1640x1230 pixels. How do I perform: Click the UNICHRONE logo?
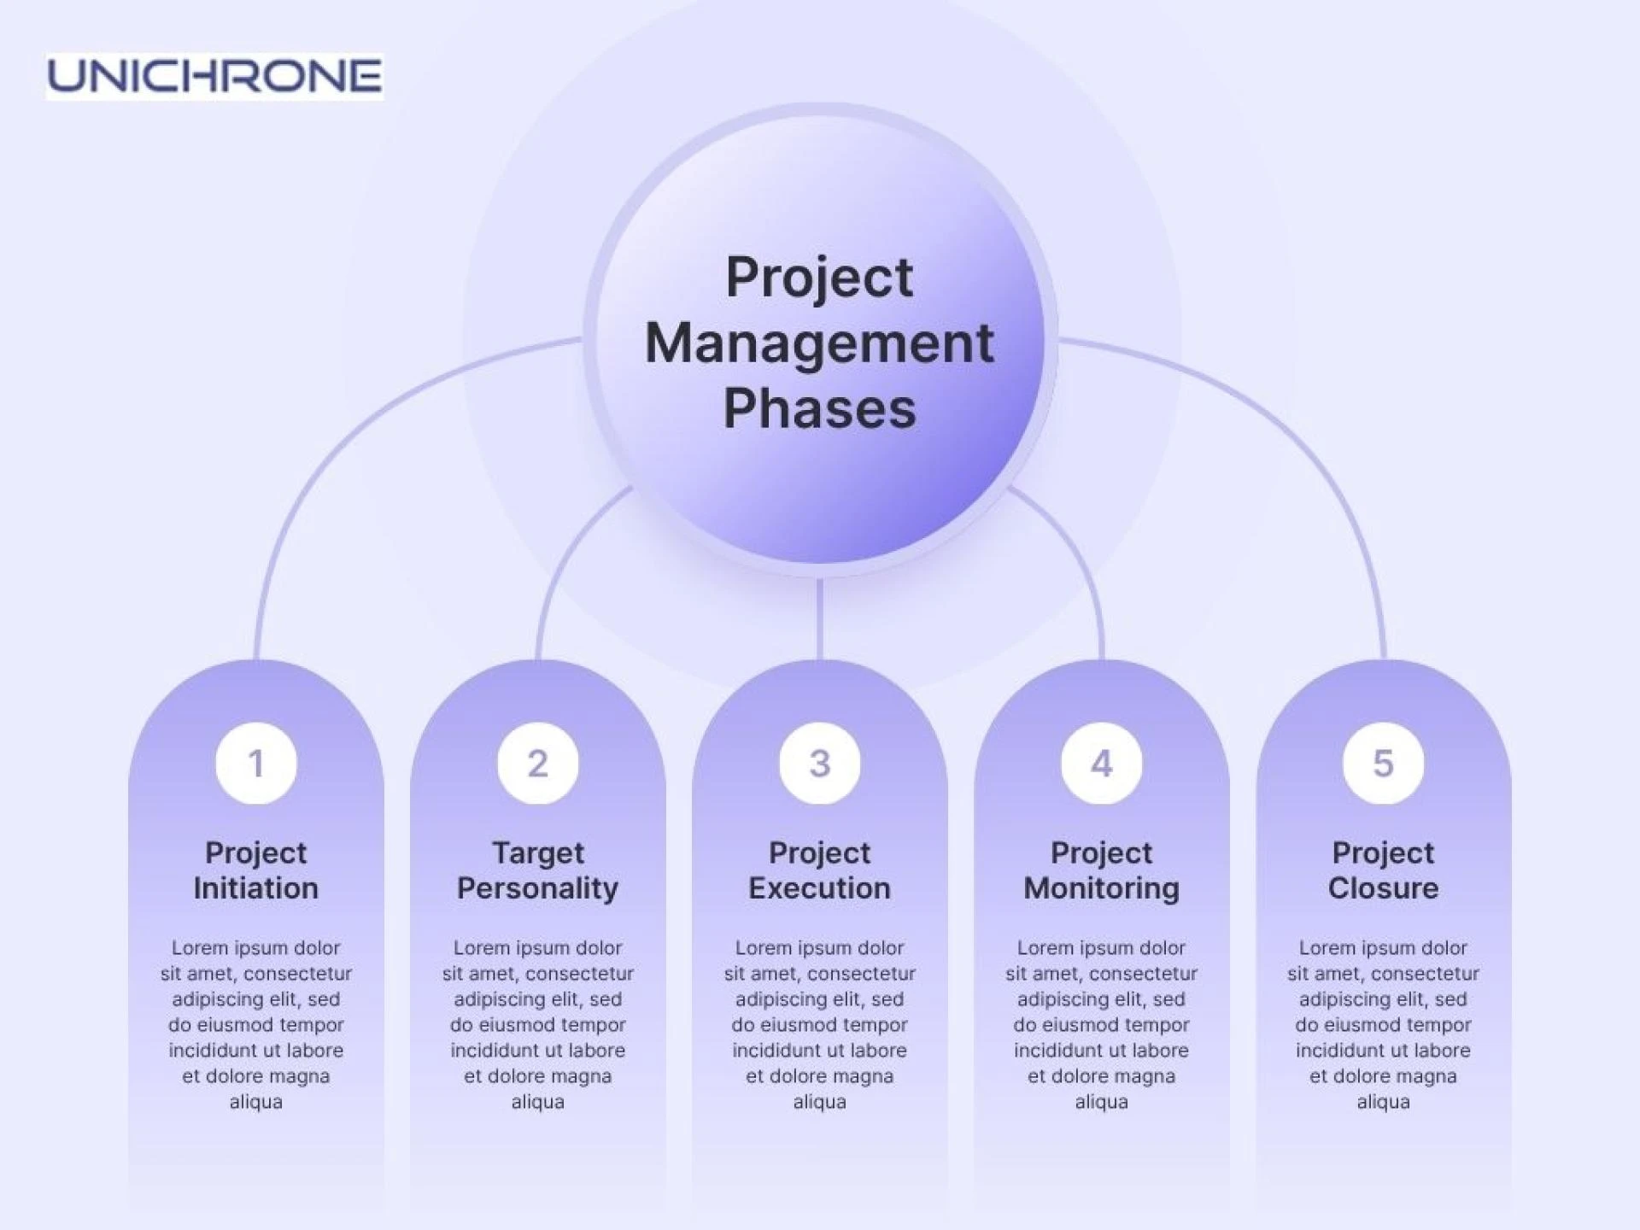[x=214, y=76]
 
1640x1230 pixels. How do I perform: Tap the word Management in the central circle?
[x=820, y=343]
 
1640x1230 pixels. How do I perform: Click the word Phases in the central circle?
[x=820, y=408]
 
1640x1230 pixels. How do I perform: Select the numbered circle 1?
[x=256, y=763]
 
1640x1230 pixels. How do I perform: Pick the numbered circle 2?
[x=538, y=763]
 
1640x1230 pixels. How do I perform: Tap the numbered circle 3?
[x=820, y=763]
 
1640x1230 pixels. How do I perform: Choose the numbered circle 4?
[x=1102, y=763]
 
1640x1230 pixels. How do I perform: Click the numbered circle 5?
[x=1384, y=763]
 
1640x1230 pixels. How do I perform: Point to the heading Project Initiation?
[x=256, y=870]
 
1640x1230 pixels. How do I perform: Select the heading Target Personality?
[x=538, y=870]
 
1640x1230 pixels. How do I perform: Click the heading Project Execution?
[x=820, y=870]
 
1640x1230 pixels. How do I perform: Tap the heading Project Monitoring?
[x=1102, y=870]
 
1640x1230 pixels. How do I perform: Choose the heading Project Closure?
[x=1384, y=870]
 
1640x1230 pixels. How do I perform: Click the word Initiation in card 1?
[x=256, y=888]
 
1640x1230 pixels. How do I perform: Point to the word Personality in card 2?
[x=538, y=889]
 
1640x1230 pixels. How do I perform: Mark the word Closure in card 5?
[x=1384, y=888]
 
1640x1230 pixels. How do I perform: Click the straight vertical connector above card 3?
[x=820, y=619]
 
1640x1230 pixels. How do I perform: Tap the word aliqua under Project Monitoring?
[x=1102, y=1102]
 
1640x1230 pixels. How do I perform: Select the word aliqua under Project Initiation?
[x=256, y=1102]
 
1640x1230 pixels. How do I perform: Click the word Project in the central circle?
[x=820, y=278]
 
